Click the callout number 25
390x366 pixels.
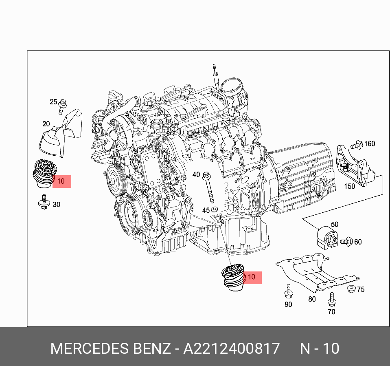click(x=54, y=101)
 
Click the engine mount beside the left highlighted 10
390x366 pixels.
click(x=44, y=174)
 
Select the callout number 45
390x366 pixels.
click(x=206, y=210)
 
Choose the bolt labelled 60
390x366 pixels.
click(x=346, y=241)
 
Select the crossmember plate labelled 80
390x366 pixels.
click(x=313, y=273)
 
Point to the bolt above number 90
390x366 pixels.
click(x=288, y=291)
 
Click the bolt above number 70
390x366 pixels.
click(x=332, y=300)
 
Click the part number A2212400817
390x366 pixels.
click(x=231, y=349)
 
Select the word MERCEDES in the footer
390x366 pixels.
click(x=90, y=349)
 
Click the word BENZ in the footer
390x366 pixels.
click(x=152, y=349)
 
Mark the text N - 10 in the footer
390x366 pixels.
click(x=319, y=349)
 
